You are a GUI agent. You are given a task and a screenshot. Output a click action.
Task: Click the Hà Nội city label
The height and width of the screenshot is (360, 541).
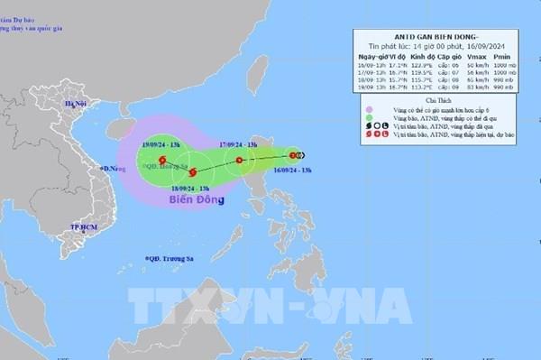[x=73, y=105]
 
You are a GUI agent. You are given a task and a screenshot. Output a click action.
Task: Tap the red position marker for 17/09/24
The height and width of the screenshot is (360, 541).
[x=239, y=161]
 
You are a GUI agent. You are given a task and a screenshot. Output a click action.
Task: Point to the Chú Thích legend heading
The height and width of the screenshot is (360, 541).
[x=440, y=101]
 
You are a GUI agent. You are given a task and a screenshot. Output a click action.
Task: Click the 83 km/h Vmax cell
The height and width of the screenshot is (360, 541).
[x=481, y=88]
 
